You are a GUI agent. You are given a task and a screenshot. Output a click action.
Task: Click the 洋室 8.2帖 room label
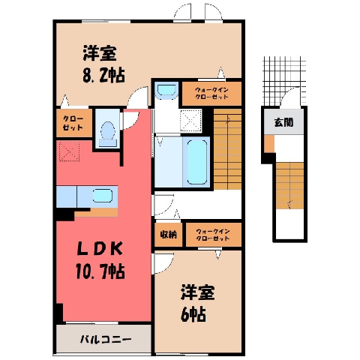point(103,64)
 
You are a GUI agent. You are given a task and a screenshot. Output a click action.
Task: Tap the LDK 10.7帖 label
point(100,260)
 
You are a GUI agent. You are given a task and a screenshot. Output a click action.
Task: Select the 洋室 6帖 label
point(197,303)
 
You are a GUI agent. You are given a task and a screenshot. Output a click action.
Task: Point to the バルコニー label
point(106,340)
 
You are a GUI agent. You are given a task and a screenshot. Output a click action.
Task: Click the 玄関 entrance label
point(283,122)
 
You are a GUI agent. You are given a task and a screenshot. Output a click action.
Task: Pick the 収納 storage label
point(169,235)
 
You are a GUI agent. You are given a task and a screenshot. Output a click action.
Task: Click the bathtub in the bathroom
point(197,162)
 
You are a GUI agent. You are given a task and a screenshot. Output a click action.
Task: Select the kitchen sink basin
point(103,196)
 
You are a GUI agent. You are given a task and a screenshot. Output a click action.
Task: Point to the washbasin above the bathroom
point(166,90)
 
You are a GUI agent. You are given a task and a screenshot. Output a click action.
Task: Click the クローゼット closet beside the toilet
point(74,123)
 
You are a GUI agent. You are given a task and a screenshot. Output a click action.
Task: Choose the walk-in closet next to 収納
point(214,235)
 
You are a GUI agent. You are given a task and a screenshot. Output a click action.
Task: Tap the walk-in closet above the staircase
point(211,94)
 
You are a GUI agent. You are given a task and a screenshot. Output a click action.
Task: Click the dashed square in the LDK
point(70,151)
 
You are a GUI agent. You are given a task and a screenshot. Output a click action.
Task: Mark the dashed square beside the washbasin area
point(191,121)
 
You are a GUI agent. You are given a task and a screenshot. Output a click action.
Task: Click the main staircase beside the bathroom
point(227,149)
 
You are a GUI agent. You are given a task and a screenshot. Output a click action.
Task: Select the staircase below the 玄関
point(290,185)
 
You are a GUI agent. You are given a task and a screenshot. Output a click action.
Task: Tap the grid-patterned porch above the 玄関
point(284,80)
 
